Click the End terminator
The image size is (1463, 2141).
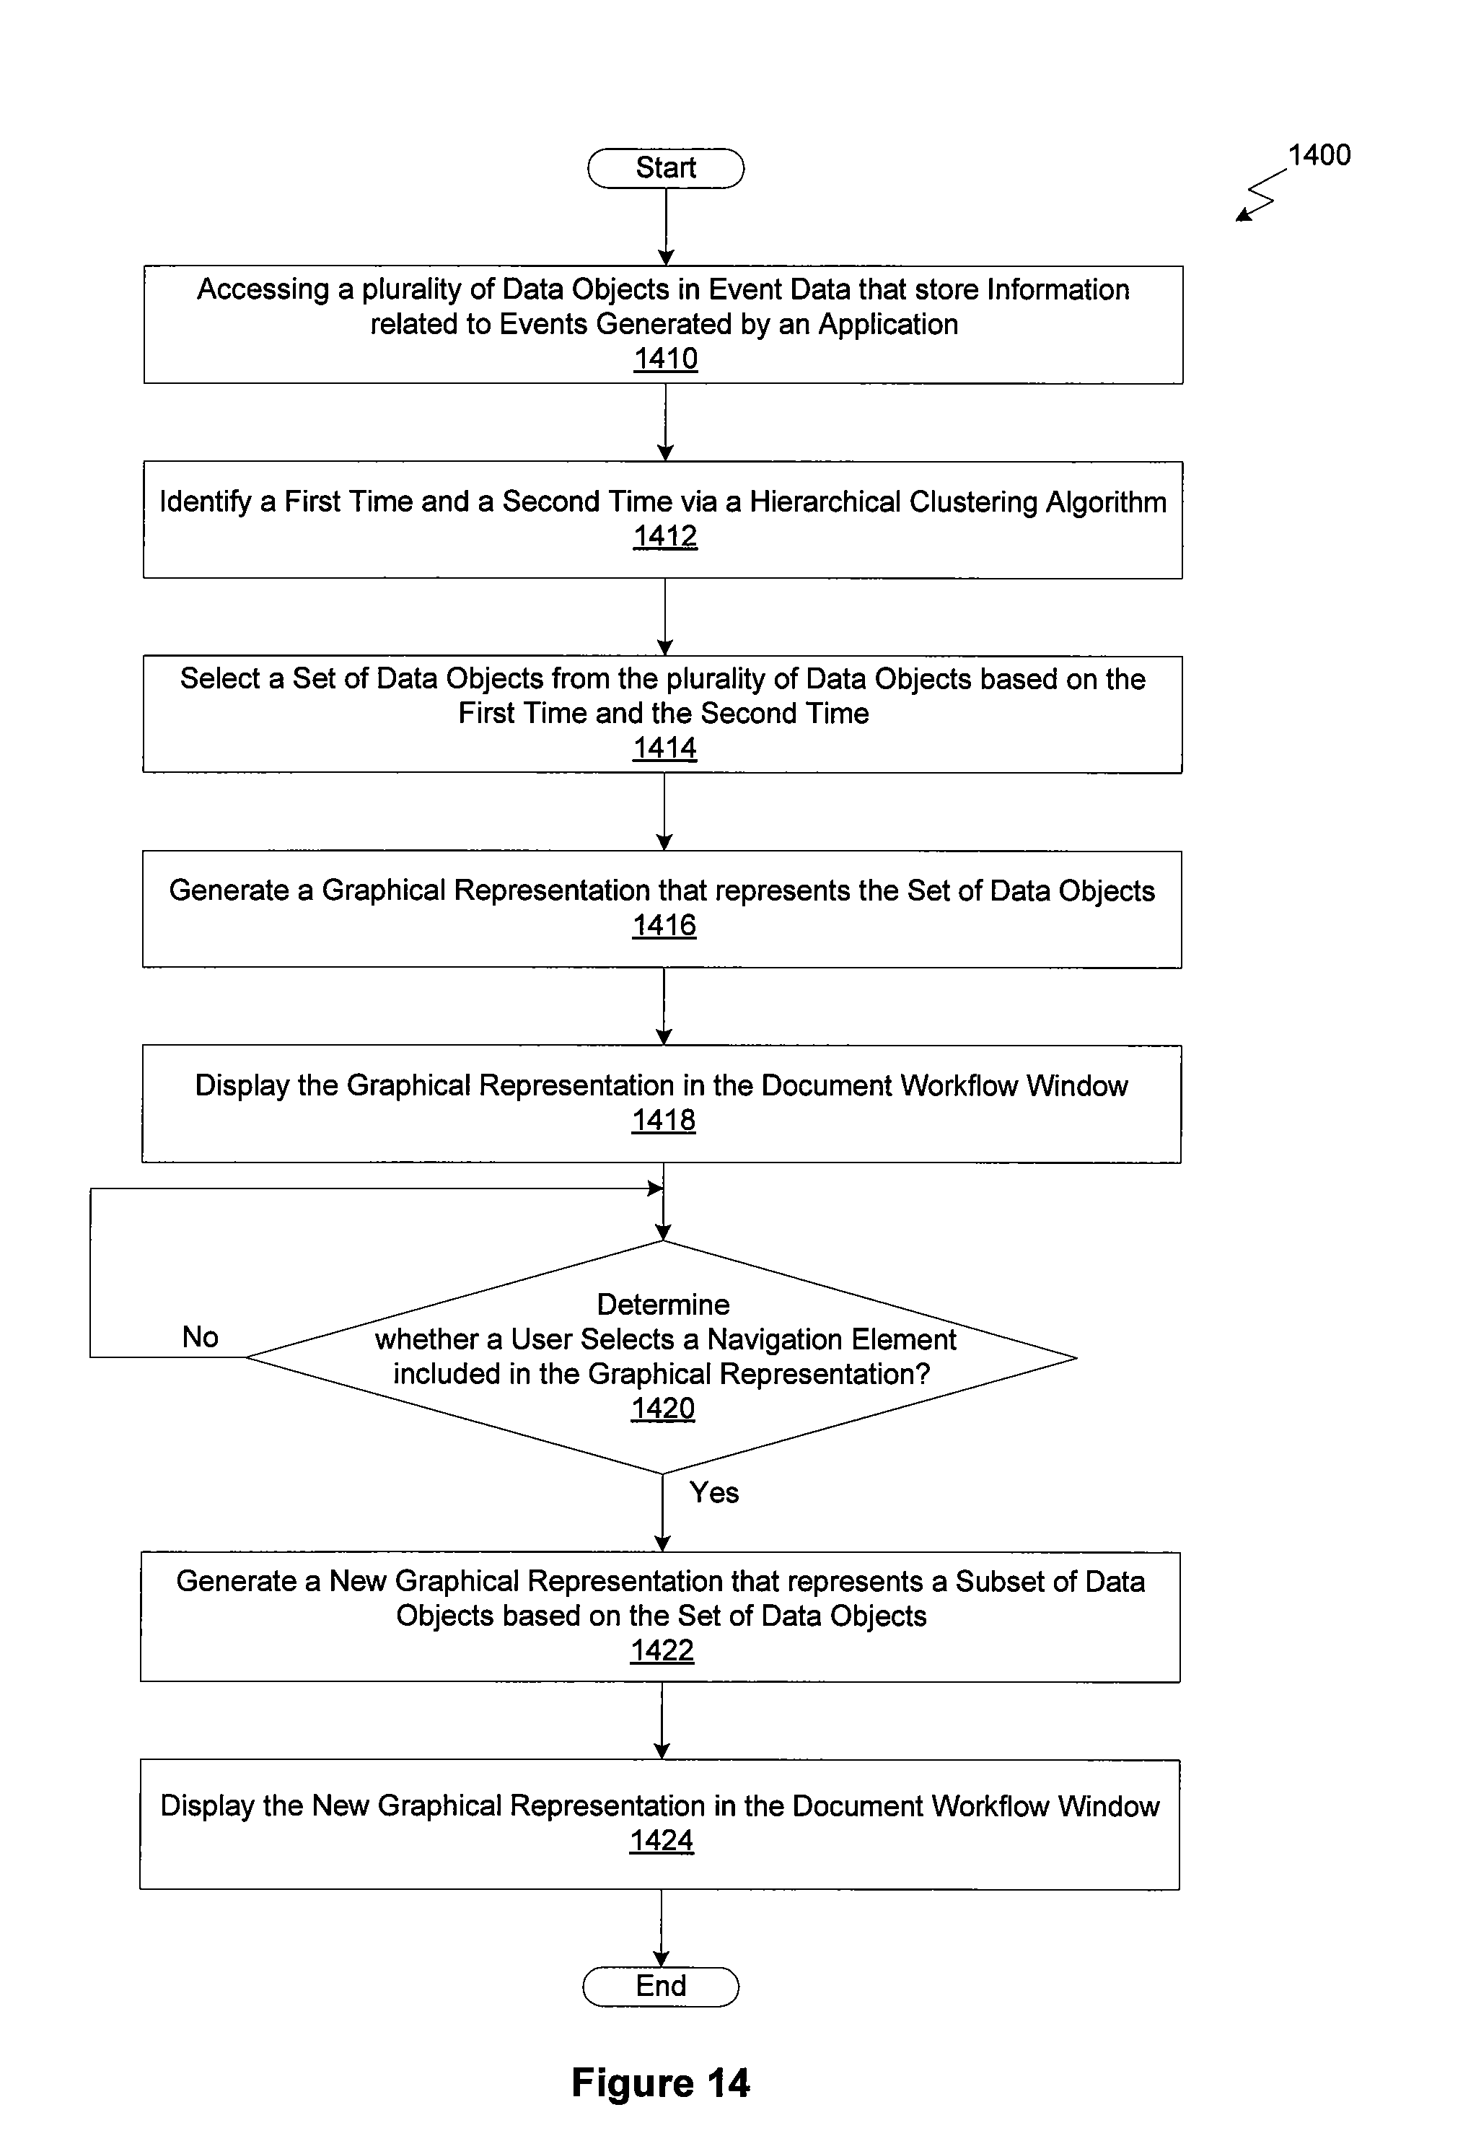[661, 1987]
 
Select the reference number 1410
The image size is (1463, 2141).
[665, 359]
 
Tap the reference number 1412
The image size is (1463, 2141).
[665, 535]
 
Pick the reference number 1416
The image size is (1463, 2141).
[664, 925]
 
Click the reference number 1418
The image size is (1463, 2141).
[663, 1120]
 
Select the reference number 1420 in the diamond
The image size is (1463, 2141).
[663, 1409]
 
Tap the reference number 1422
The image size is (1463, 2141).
[662, 1650]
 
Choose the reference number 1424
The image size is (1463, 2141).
[662, 1840]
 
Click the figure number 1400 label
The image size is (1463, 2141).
[1319, 154]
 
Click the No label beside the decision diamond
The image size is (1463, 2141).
[200, 1336]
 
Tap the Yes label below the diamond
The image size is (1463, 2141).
[714, 1492]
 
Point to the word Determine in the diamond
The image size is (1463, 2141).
[663, 1305]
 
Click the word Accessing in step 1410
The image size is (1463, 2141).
[263, 290]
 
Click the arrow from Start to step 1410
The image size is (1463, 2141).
[666, 227]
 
